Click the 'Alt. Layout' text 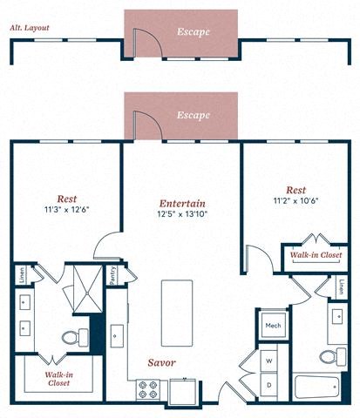point(30,29)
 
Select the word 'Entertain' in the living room point(182,199)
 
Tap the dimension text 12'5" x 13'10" point(182,213)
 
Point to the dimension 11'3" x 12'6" point(66,210)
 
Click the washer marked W point(269,360)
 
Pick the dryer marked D point(269,383)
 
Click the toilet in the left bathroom point(74,336)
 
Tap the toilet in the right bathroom point(329,354)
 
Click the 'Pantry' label point(112,276)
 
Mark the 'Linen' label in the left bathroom point(20,278)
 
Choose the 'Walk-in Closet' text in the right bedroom point(316,256)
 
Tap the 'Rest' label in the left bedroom point(66,198)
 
